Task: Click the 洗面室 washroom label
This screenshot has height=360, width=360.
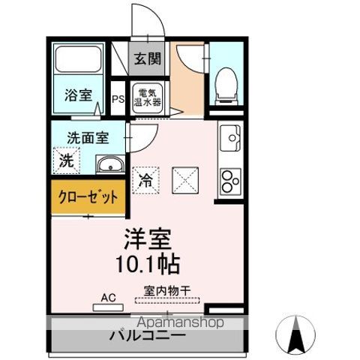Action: coord(88,137)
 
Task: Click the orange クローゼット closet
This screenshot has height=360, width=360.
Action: coord(88,199)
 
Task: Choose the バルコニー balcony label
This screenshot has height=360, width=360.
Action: coord(143,334)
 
